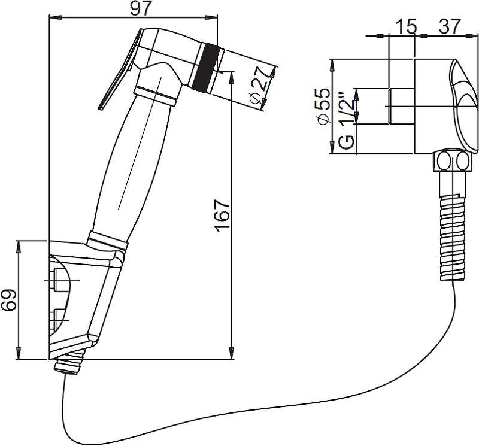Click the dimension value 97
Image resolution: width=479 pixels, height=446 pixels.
(x=141, y=8)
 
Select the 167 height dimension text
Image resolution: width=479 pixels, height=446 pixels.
(x=222, y=216)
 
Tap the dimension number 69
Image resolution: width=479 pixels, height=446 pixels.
(x=8, y=300)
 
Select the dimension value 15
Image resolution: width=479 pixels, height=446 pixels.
(x=406, y=26)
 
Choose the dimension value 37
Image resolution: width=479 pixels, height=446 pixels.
(x=450, y=26)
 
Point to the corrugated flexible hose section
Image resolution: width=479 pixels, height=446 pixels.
(x=452, y=238)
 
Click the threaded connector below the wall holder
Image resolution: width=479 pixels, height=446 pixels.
(x=69, y=362)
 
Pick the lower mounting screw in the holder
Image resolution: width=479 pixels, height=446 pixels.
(x=59, y=320)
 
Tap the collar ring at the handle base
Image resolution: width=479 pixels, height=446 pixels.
(x=107, y=241)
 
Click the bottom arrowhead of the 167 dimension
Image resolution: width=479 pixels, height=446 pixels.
(x=232, y=354)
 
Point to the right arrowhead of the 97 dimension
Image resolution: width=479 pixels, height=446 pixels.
(x=212, y=17)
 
